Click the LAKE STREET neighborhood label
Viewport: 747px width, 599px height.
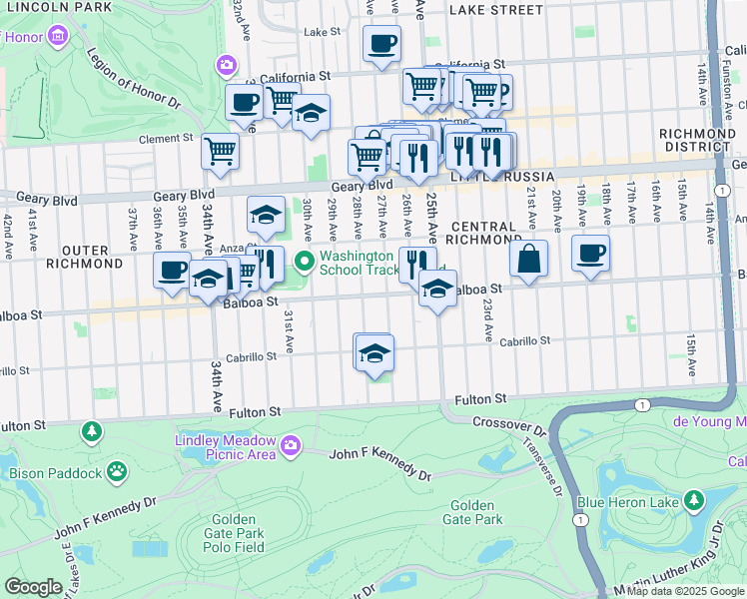coord(495,10)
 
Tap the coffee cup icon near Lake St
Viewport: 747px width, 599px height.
coord(380,44)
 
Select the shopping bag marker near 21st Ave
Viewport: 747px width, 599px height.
coord(528,258)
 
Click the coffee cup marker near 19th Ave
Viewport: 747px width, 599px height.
coord(591,253)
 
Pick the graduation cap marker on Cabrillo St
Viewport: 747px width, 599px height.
coord(374,353)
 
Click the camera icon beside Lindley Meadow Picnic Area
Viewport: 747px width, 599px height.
coord(291,445)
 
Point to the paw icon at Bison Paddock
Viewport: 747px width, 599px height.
coord(118,468)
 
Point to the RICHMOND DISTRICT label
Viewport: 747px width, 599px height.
coord(698,140)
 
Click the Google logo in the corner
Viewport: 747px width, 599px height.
coord(34,587)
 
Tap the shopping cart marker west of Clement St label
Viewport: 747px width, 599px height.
coord(220,152)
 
